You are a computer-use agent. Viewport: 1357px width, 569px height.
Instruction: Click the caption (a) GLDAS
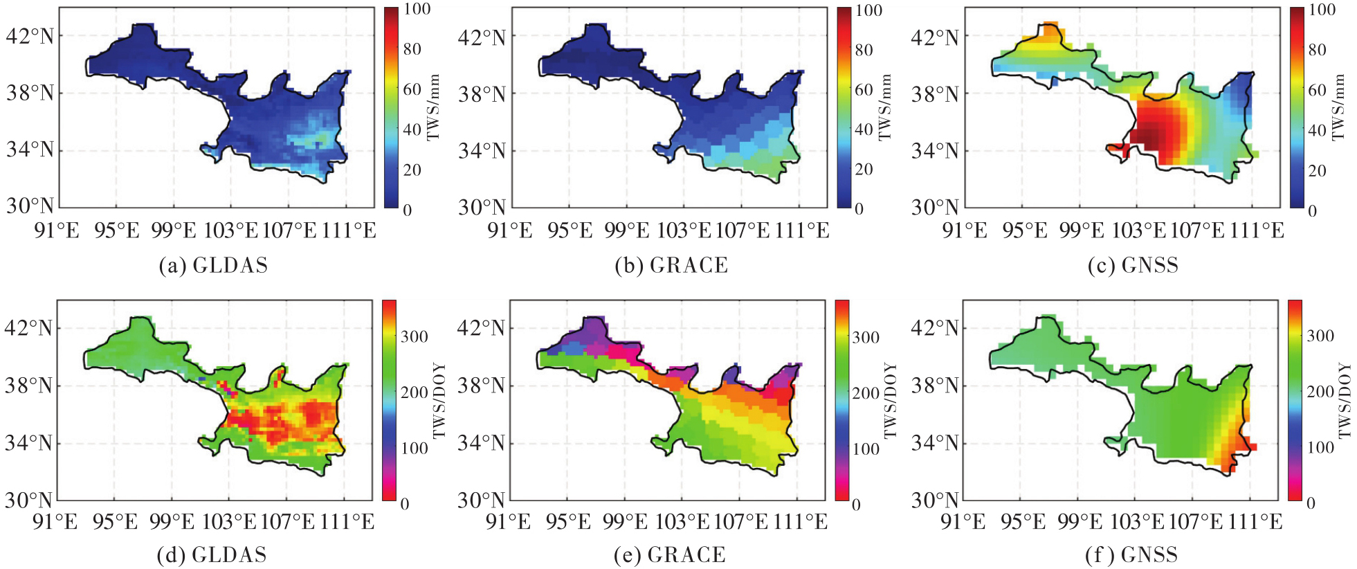[213, 266]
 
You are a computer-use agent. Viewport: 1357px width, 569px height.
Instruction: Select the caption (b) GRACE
[671, 266]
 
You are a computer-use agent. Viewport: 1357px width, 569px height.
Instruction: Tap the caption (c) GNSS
[1133, 266]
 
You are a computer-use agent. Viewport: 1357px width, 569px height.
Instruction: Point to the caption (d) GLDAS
[212, 555]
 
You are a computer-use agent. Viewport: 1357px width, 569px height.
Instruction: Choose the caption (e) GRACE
[670, 555]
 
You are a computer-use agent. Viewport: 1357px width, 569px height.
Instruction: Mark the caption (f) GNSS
[1131, 555]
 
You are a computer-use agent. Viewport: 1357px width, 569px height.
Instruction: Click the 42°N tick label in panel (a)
[30, 36]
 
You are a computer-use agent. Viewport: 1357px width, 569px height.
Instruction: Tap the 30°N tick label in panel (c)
[935, 207]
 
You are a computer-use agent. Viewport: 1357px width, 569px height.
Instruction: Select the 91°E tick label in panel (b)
[510, 231]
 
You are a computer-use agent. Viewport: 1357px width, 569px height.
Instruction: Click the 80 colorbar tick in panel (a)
[412, 49]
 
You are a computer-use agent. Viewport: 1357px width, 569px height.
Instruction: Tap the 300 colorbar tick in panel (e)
[866, 338]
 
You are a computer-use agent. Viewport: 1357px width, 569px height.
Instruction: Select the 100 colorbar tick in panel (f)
[1320, 448]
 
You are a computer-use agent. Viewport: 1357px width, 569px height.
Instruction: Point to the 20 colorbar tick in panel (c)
[1317, 170]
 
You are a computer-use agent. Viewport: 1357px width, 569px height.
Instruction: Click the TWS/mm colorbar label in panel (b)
[885, 107]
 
